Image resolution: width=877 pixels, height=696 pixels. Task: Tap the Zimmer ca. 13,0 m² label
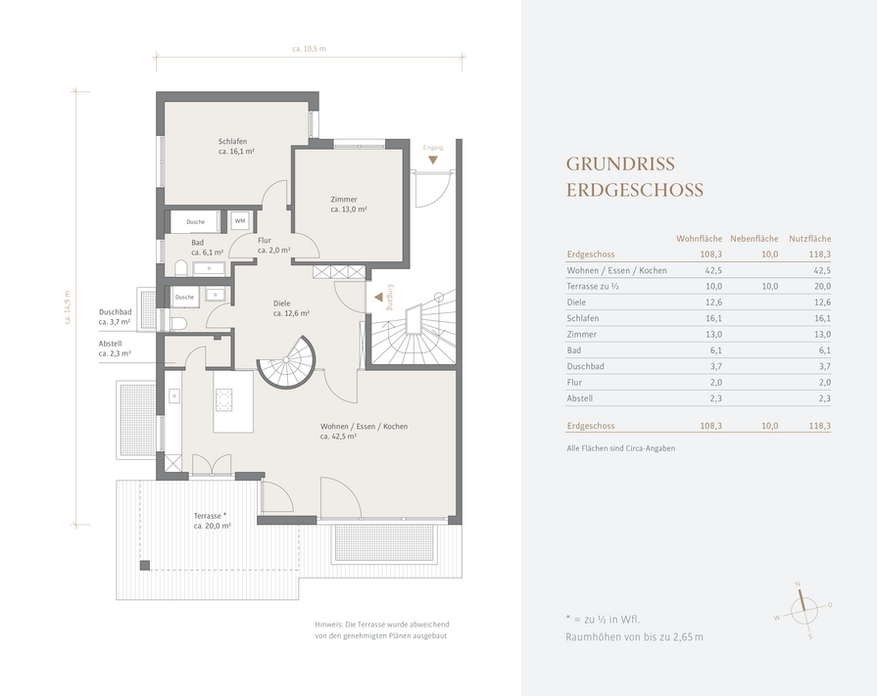349,205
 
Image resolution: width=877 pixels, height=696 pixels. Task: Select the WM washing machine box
240,221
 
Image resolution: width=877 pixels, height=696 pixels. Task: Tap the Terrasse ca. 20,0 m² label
212,521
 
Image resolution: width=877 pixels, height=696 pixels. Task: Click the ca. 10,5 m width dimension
309,49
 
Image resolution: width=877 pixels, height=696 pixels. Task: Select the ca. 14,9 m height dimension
68,307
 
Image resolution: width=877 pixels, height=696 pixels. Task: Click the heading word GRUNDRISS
620,164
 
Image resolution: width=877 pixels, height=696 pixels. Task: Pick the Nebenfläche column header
754,239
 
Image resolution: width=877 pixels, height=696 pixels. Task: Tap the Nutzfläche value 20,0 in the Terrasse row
820,287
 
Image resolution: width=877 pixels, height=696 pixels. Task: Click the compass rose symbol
804,610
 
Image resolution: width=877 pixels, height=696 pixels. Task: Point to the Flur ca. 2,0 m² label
274,246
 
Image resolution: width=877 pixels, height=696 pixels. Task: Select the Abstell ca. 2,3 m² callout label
115,348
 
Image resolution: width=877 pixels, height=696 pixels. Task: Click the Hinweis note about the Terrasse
382,630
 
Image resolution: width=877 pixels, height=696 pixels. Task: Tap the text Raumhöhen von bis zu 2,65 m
634,637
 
